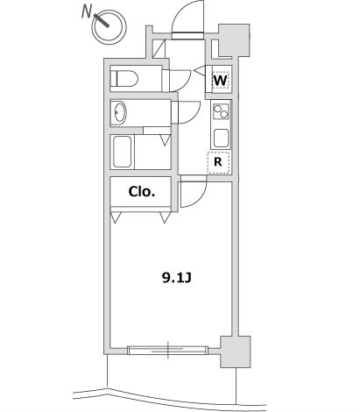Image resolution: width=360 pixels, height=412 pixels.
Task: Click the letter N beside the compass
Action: [x=86, y=11]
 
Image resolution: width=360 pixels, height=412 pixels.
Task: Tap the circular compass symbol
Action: [x=109, y=27]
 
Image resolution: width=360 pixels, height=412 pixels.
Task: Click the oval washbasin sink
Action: [x=120, y=112]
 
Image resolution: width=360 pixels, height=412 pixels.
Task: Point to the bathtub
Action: [x=123, y=152]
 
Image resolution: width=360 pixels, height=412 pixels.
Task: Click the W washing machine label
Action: [x=221, y=80]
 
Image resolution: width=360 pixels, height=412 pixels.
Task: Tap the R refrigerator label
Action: [x=218, y=161]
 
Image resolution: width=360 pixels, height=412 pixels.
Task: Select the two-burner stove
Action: [x=221, y=111]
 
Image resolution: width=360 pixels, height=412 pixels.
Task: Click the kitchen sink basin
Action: [x=221, y=139]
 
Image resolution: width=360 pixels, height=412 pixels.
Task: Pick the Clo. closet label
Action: [x=141, y=192]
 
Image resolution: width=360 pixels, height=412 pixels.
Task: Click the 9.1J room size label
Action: [x=176, y=278]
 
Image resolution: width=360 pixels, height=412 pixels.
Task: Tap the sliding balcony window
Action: [x=168, y=350]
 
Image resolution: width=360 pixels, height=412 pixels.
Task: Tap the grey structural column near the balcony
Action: [x=236, y=352]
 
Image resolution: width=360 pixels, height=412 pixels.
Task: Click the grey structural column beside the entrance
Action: [x=235, y=40]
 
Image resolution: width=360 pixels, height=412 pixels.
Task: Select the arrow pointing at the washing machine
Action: [x=199, y=71]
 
